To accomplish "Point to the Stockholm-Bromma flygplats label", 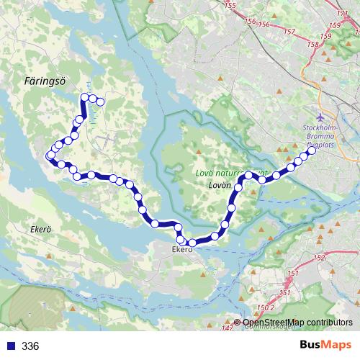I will (320, 135).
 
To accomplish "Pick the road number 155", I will (230, 6).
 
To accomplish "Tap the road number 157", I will (289, 32).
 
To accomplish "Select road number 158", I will (313, 45).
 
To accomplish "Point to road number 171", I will (343, 12).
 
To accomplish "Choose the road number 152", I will (320, 257).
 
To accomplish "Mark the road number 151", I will (293, 274).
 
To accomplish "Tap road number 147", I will (228, 328).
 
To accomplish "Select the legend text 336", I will (31, 346).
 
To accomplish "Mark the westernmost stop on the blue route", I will (50, 155).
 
